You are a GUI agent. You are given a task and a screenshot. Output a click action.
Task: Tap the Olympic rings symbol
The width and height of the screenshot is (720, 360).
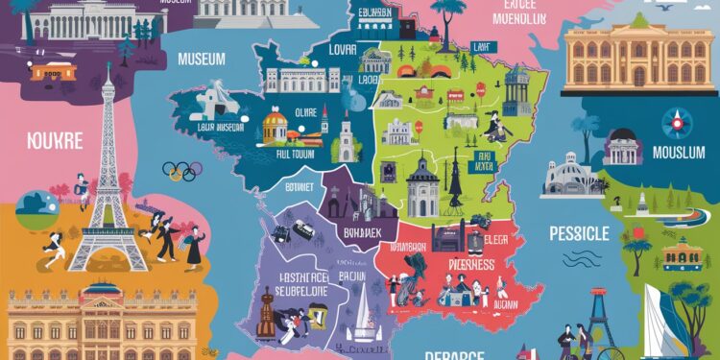[x=181, y=171]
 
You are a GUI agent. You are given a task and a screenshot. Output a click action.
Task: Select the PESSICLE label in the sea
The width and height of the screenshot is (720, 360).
[x=579, y=233]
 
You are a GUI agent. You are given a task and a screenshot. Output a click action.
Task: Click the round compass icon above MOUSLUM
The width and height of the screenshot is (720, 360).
[x=675, y=123]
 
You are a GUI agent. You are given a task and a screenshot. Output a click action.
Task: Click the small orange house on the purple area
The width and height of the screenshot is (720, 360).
[x=53, y=72]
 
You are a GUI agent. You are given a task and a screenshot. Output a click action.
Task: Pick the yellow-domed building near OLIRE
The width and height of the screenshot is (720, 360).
[x=276, y=124]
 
